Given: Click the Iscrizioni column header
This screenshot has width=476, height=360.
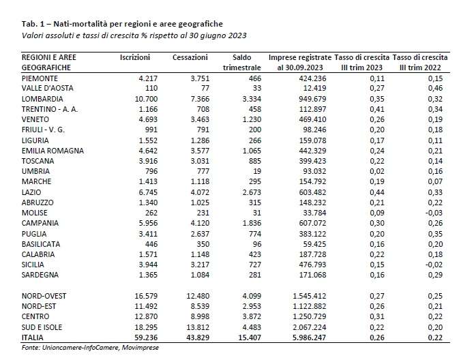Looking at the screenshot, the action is pos(135,57).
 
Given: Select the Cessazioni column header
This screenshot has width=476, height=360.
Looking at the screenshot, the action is pos(190,57).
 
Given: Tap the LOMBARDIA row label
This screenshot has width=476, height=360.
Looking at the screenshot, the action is pos(42,99).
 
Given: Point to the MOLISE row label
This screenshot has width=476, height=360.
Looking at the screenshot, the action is pos(34,213).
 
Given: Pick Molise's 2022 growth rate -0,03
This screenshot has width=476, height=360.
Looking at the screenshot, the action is pos(434,213).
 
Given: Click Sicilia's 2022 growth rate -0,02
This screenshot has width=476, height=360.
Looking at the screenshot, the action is pos(434,265).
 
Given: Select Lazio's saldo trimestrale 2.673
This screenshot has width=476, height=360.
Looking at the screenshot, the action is pos(251,192).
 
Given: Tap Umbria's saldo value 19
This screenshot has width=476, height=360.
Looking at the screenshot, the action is pos(257,171).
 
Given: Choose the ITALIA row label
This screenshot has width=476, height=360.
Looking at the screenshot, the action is pos(33,337).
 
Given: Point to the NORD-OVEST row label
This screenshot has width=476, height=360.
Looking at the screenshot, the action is pos(44,296).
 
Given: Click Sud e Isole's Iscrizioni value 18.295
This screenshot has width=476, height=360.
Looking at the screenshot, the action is pos(146,327).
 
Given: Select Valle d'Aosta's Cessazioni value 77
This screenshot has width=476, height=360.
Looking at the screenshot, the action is pos(205,88).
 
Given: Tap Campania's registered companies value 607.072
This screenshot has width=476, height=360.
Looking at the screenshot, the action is pos(314,223).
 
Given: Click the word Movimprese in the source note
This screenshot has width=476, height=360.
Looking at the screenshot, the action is pos(140,348).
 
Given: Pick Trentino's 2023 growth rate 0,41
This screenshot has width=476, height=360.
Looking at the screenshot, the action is pos(377,109).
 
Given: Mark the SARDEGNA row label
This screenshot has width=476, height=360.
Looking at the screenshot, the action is pos(40,275).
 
